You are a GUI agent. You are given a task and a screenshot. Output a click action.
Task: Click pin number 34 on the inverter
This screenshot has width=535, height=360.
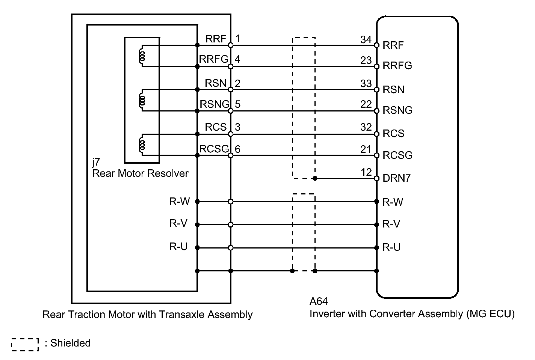[x=366, y=39]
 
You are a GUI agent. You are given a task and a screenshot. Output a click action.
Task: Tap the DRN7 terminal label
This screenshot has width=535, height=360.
[x=396, y=178]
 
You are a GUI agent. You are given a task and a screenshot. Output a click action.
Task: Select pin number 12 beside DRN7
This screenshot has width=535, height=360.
[x=366, y=172]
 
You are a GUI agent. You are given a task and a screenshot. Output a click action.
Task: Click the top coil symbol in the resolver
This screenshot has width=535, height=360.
[x=142, y=56]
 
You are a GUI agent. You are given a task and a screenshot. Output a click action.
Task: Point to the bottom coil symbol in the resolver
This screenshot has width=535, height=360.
[x=142, y=145]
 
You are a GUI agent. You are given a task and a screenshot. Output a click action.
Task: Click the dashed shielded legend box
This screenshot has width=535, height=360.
[x=25, y=345]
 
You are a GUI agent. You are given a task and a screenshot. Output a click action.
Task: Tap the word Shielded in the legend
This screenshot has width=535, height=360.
[x=71, y=343]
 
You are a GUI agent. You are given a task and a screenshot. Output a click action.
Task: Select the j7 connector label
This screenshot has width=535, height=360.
[x=96, y=162]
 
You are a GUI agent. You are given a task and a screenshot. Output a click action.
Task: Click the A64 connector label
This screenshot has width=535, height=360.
[x=319, y=301]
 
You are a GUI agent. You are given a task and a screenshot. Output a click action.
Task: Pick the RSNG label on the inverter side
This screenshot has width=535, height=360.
[x=397, y=110]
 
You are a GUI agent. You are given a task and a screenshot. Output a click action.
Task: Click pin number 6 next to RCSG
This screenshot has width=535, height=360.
[x=237, y=149]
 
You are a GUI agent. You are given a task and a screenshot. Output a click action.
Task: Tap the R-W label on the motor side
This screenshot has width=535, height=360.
[x=179, y=202]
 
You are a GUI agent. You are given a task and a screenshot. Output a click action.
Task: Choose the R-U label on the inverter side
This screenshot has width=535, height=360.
[x=391, y=247]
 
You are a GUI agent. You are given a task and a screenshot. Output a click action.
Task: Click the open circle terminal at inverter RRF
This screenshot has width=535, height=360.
[x=377, y=45]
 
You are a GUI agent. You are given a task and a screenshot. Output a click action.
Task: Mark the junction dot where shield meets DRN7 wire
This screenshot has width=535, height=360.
[x=315, y=178]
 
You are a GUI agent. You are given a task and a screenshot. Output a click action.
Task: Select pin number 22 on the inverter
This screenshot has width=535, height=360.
[x=366, y=104]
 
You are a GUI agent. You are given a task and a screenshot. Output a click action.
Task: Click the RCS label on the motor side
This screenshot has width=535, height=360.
[x=216, y=127]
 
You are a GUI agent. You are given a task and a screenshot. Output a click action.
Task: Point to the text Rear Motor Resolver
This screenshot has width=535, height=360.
[x=141, y=173]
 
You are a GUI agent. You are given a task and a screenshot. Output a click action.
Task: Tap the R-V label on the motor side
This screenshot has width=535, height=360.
[x=178, y=223]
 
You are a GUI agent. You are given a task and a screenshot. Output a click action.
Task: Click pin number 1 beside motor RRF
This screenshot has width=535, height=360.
[x=237, y=39]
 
